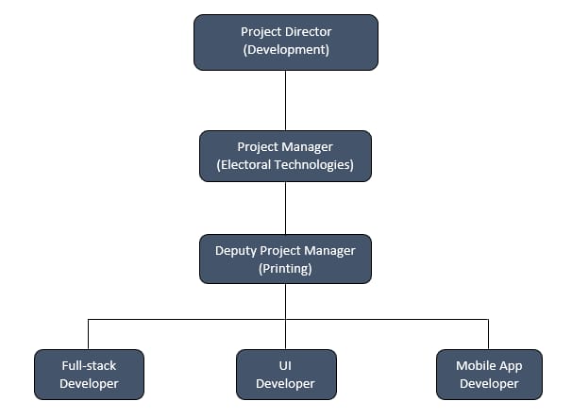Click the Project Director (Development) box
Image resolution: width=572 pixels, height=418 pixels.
[x=286, y=42]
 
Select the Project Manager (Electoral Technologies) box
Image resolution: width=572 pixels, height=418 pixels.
[x=285, y=156]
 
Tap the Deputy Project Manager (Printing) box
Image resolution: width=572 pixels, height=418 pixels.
[x=285, y=259]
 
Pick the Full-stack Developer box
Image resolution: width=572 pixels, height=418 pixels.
[x=89, y=375]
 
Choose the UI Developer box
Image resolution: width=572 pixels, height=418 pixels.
[x=286, y=375]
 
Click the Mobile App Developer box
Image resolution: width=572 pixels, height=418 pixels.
[x=489, y=375]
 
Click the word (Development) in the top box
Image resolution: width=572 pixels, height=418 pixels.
[x=286, y=50]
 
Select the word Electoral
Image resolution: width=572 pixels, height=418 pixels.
[x=244, y=165]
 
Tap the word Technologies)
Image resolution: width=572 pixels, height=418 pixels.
[x=314, y=165]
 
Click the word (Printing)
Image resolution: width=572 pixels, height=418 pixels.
[x=285, y=269]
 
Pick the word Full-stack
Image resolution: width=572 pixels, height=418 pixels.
[x=89, y=365]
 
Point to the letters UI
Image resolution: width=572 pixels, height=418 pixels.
[x=285, y=365]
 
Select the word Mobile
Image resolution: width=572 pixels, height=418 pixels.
[x=472, y=365]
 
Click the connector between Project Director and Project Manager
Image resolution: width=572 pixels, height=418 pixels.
[x=285, y=100]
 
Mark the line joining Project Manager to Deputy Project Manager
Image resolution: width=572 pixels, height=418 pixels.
[x=285, y=208]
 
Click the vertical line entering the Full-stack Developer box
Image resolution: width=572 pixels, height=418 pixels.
[x=89, y=334]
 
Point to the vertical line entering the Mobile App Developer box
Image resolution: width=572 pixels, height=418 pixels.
[x=488, y=334]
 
